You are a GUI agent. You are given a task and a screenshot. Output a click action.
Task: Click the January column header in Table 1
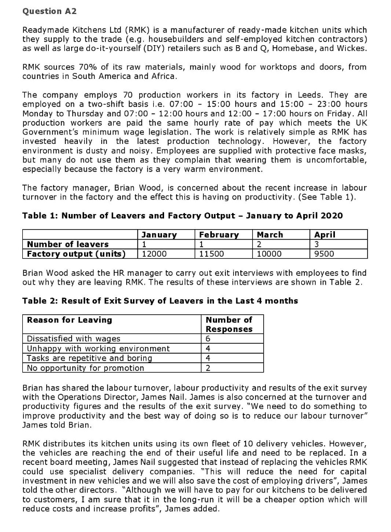click(159, 235)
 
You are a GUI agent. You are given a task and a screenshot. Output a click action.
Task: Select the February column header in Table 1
click(219, 235)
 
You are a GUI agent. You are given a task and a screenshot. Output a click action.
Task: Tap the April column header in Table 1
click(325, 235)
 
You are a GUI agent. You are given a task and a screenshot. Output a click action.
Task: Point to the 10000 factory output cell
click(269, 254)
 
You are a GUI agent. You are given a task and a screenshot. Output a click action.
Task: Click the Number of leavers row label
click(68, 244)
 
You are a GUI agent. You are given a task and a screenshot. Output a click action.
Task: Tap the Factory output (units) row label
click(76, 254)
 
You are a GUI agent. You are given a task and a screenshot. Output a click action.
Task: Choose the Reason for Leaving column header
click(69, 320)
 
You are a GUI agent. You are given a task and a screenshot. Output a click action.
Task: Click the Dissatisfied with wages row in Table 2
click(74, 339)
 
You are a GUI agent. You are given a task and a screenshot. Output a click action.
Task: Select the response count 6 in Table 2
click(208, 339)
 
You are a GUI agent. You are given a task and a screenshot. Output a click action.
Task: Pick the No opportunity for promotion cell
click(85, 368)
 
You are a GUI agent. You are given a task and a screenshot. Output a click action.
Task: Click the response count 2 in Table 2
click(208, 368)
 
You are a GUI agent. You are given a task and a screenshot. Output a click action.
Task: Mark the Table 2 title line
click(160, 301)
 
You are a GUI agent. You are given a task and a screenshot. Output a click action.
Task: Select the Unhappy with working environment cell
click(98, 348)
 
